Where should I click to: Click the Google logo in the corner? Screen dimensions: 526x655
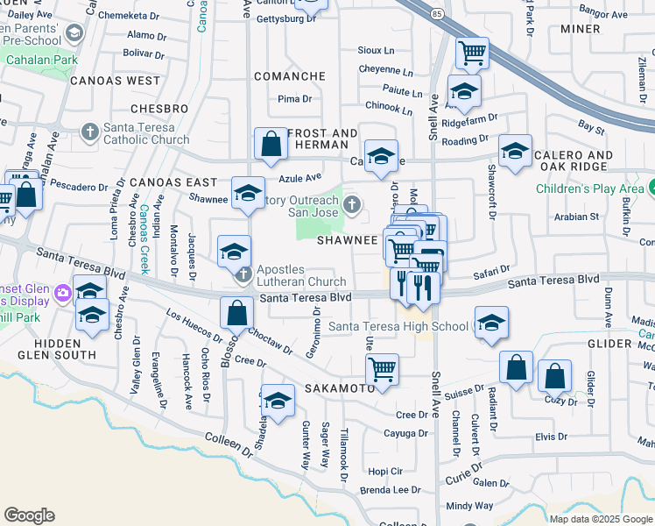(x=29, y=515)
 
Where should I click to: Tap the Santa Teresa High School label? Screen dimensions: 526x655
(x=398, y=327)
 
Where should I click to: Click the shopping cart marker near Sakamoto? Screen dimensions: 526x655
(x=382, y=369)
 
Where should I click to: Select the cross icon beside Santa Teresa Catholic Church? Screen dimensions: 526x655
(x=89, y=132)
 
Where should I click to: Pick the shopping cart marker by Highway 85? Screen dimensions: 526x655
(x=472, y=53)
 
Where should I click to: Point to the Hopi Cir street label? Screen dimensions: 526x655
(x=385, y=470)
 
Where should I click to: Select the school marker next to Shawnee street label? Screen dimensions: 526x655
(x=248, y=192)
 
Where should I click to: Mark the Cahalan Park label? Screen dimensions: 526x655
(x=37, y=60)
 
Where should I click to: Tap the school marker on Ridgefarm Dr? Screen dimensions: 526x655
(x=464, y=90)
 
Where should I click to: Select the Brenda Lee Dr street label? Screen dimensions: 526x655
(x=390, y=490)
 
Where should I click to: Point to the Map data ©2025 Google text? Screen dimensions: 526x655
(x=601, y=519)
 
